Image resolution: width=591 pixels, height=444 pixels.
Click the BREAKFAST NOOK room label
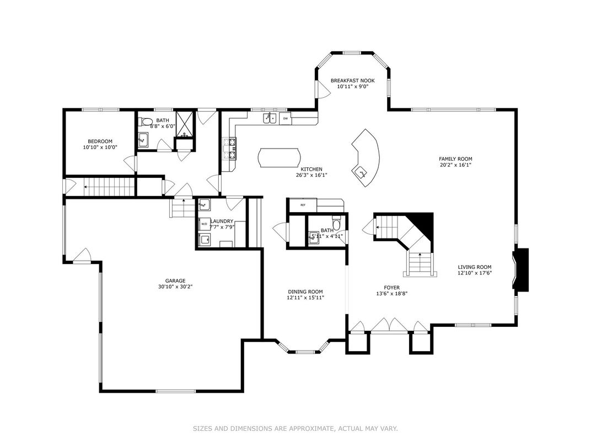pos(352,81)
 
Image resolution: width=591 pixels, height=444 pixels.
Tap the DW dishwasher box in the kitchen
pos(286,119)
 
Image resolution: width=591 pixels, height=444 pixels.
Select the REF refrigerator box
pos(303,205)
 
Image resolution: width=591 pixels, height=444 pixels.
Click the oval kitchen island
pos(280,157)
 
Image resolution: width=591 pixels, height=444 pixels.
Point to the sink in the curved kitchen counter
pos(361,172)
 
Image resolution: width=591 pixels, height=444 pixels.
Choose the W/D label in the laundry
pos(205,224)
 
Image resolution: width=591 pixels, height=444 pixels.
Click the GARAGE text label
pos(175,281)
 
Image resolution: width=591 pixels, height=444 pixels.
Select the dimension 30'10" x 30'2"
pos(175,287)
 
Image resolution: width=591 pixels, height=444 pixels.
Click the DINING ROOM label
pos(305,292)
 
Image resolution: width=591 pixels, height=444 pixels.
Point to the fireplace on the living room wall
pos(520,269)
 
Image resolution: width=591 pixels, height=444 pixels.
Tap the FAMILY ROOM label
pos(455,159)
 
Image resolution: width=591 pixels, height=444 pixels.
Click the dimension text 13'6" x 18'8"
pos(392,293)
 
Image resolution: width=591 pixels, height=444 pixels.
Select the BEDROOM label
pos(100,141)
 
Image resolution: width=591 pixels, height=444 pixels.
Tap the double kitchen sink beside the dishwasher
pos(270,118)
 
